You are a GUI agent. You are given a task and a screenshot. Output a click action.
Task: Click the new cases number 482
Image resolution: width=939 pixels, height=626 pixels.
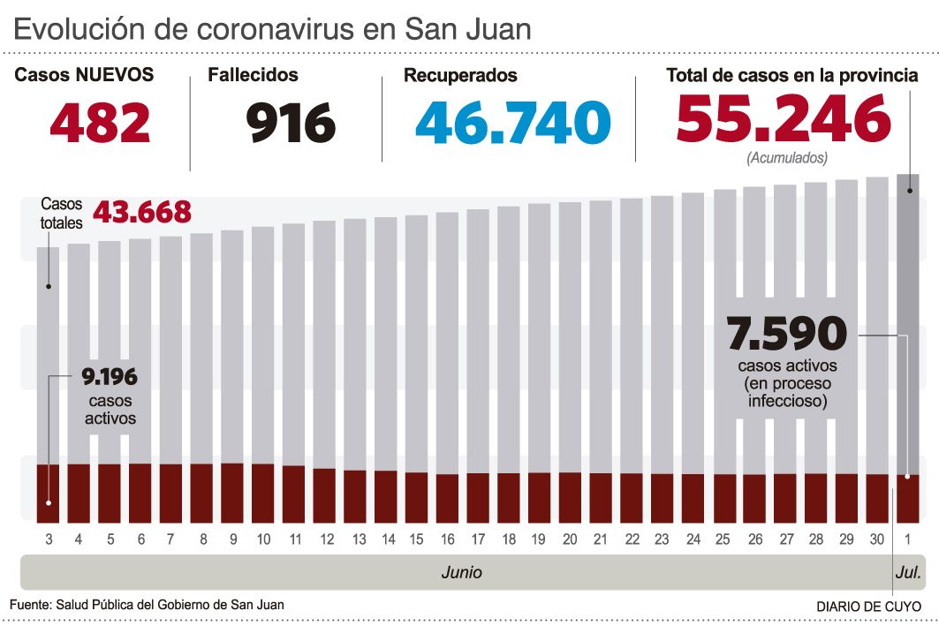tap(100, 123)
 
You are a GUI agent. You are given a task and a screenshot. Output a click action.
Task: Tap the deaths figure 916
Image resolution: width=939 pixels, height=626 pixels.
tap(291, 123)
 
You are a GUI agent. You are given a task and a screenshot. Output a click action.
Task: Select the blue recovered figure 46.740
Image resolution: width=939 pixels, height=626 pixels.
tap(512, 123)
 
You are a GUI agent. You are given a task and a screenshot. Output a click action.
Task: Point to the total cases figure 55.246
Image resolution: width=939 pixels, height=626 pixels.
tap(784, 119)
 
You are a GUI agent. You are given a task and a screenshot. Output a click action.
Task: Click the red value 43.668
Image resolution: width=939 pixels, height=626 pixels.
tap(141, 212)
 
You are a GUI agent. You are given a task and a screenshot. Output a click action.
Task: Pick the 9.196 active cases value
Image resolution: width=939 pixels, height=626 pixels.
tap(110, 378)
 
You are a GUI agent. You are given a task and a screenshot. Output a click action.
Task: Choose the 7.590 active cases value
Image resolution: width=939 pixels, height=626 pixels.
tap(786, 335)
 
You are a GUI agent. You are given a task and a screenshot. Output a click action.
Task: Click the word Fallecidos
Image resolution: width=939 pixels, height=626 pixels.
tap(253, 76)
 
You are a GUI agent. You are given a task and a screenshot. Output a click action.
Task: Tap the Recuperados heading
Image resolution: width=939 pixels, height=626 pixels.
tap(460, 76)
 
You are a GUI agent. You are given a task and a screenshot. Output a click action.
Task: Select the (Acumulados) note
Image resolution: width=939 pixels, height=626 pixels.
tap(787, 159)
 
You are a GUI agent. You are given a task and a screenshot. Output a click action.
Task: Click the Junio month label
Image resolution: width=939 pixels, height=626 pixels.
tap(461, 572)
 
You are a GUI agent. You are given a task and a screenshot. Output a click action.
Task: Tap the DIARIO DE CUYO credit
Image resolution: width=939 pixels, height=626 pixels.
tap(867, 607)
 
